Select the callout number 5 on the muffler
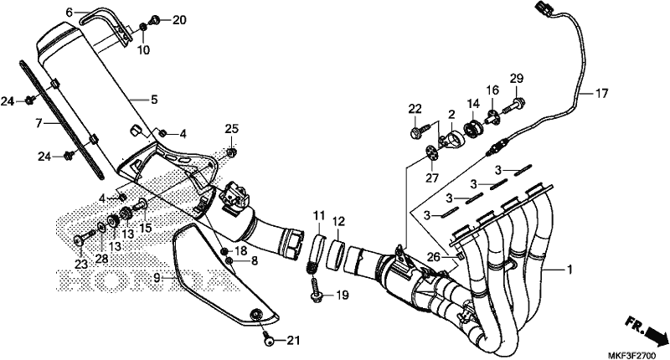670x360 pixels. (154, 100)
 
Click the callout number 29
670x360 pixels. (517, 79)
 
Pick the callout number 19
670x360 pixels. (343, 296)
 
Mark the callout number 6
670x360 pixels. (70, 13)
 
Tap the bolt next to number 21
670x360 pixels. (268, 338)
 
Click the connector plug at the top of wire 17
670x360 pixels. (536, 13)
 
